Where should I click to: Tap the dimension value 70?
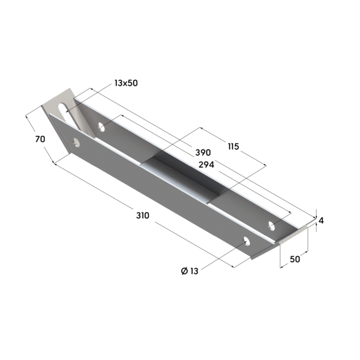pos(39,140)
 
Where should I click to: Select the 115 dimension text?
pos(233,146)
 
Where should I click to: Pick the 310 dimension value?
pos(142,216)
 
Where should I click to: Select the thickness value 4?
pos(321,220)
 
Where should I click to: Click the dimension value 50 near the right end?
pos(293,259)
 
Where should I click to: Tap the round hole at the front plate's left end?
pos(75,143)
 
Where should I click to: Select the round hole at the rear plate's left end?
pos(101,127)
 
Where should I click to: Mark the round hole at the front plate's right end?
pos(246,241)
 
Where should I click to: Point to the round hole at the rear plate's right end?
pos(271,225)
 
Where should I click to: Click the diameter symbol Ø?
pos(184,271)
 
